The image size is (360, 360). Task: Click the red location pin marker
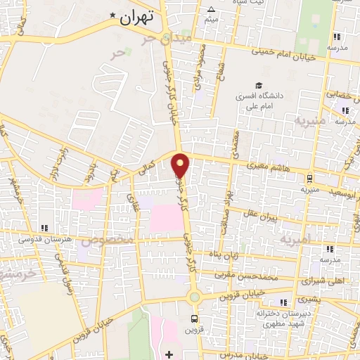pos(181,165)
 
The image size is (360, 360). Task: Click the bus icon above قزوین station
pos(194,318)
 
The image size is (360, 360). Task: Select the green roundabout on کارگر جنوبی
pos(194,297)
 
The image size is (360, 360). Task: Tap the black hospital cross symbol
pos(169,353)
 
